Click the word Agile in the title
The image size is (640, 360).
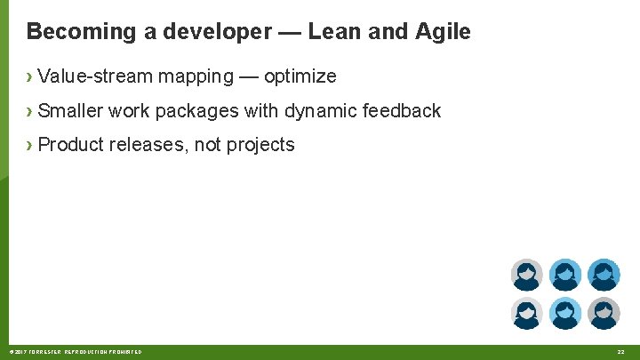click(443, 32)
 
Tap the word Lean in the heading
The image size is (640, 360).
click(335, 32)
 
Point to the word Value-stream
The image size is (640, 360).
click(95, 76)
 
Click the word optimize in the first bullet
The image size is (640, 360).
click(300, 76)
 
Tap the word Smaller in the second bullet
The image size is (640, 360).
click(70, 111)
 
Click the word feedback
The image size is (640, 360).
click(401, 111)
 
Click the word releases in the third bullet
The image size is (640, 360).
click(148, 145)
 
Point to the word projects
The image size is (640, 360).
click(260, 145)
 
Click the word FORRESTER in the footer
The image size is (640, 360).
click(47, 353)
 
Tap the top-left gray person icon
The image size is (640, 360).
click(526, 276)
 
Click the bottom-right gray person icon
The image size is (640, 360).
click(604, 313)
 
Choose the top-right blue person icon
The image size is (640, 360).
click(604, 276)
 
